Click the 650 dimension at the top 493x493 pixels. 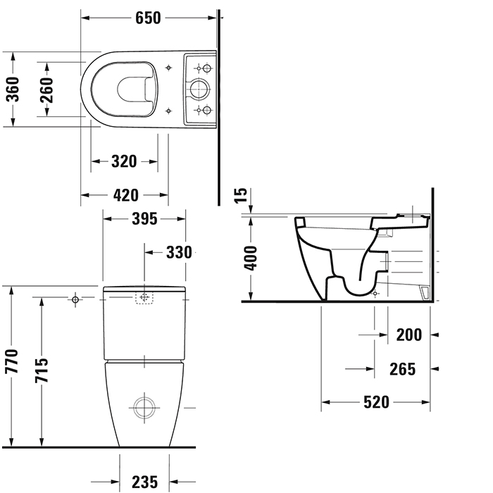click(148, 18)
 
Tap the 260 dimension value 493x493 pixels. click(46, 89)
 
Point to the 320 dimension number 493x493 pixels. click(124, 162)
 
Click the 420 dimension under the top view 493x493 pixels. click(124, 195)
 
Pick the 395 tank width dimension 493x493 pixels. click(144, 219)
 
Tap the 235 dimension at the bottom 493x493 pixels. click(144, 482)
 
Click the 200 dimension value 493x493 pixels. click(408, 335)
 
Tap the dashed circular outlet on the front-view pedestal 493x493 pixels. click(144, 407)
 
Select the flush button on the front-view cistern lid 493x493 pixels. click(144, 298)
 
